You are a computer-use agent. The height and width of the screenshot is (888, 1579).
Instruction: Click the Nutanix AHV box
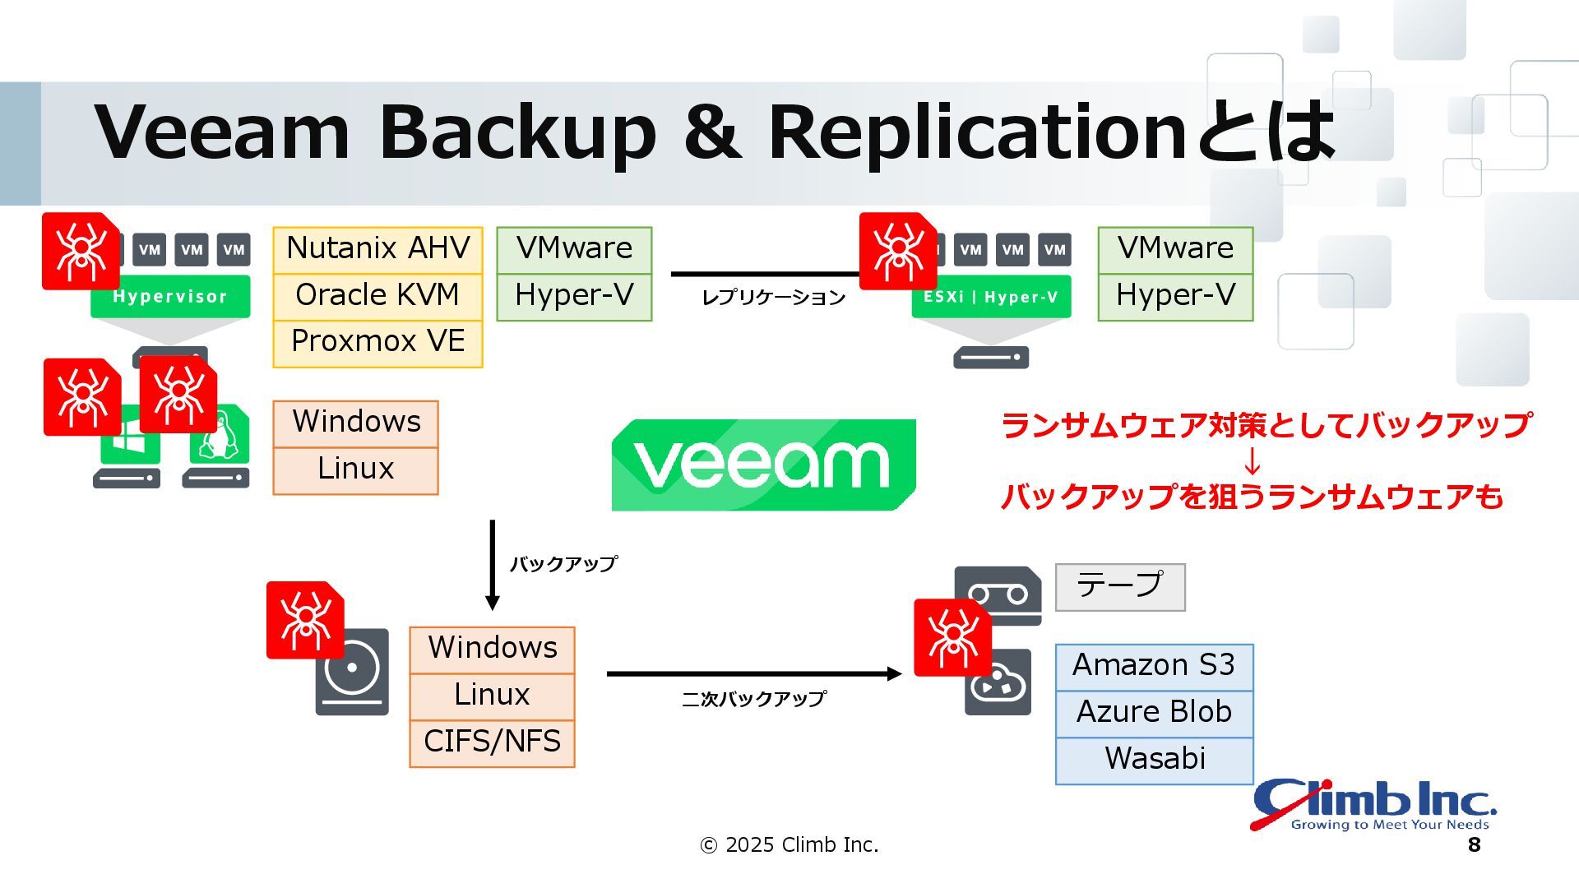tap(377, 249)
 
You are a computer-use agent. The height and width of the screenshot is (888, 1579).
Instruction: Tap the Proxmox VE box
tap(377, 342)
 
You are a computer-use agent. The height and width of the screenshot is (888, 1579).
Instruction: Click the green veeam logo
tap(763, 465)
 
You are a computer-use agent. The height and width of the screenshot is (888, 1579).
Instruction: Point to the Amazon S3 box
tap(1154, 666)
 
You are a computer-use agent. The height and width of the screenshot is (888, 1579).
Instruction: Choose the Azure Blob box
tap(1154, 713)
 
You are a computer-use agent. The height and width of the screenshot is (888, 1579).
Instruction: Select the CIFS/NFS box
tap(492, 742)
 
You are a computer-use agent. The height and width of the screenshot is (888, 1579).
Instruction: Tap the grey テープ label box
tap(1120, 586)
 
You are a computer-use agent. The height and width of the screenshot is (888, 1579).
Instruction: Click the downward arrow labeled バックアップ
tap(493, 566)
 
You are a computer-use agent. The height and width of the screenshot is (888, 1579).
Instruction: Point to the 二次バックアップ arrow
tap(753, 674)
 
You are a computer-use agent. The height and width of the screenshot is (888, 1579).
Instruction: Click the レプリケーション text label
tap(773, 298)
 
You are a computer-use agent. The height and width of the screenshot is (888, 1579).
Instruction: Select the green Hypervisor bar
tap(170, 297)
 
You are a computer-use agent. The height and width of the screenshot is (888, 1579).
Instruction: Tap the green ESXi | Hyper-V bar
tap(991, 298)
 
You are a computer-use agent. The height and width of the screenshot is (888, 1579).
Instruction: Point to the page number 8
tap(1474, 845)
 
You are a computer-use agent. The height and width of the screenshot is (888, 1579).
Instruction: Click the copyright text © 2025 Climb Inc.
tap(789, 845)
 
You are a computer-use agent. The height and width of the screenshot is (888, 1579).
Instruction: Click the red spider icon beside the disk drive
tap(304, 620)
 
